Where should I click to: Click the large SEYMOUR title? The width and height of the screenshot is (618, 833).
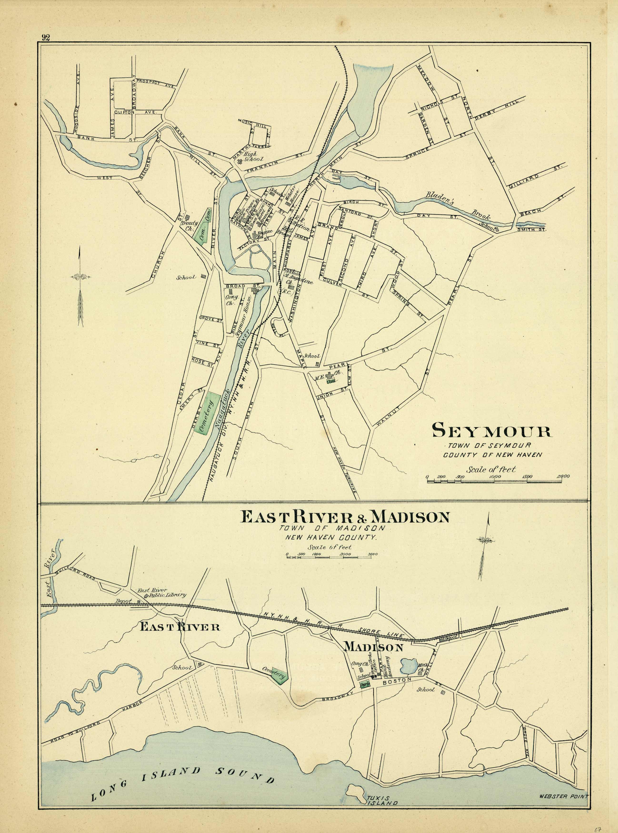tap(492, 431)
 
